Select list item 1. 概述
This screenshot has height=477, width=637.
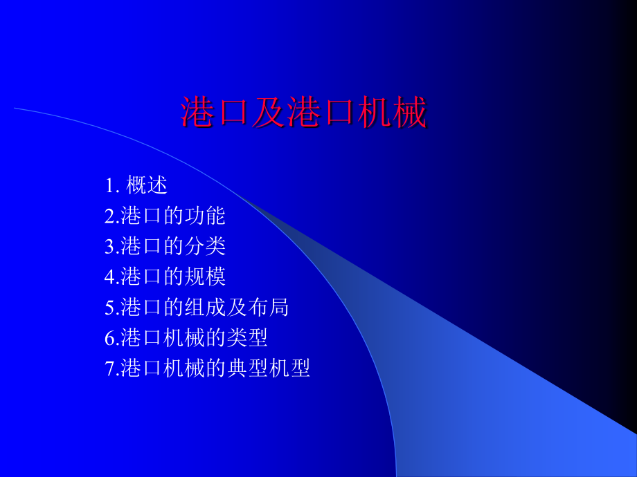coord(136,186)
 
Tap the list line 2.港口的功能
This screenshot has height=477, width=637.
coord(165,216)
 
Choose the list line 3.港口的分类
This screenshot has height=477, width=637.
coord(165,247)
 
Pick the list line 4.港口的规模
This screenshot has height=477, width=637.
coord(165,277)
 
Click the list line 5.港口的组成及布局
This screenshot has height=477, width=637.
coord(197,308)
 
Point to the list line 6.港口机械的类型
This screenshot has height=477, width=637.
coord(186,338)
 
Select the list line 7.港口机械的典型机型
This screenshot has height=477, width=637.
coord(208,368)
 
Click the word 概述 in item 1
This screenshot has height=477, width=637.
coord(147,186)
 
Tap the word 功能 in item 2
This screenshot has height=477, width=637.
coord(206,216)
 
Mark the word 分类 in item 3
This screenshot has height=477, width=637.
coord(206,247)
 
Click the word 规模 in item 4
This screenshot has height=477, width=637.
coord(206,277)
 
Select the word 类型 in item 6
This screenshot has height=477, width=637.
coord(248,338)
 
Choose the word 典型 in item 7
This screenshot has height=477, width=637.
coord(248,368)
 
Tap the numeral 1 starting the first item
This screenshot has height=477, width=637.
coord(109,187)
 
